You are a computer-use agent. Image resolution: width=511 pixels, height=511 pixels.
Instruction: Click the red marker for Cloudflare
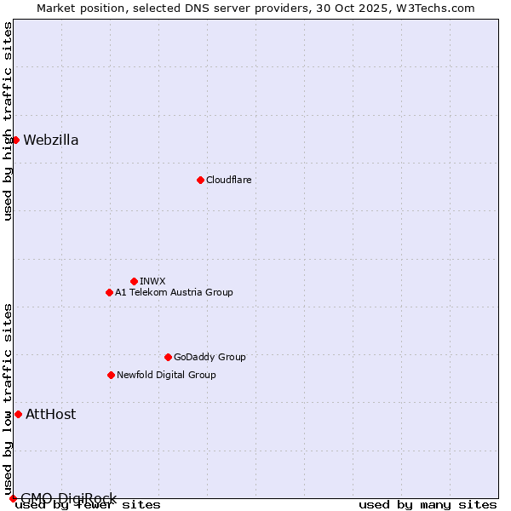[200, 180]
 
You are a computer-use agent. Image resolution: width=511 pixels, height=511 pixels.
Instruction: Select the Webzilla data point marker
[15, 140]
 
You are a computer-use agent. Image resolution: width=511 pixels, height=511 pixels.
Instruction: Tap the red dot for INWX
[134, 281]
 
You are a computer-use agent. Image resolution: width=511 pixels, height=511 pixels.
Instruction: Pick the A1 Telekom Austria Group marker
[109, 292]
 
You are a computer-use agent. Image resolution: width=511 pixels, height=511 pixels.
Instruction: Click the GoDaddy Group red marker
[168, 357]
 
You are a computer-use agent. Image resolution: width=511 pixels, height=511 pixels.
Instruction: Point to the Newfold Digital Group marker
[111, 375]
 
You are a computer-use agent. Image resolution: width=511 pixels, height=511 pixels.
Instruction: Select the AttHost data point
[18, 414]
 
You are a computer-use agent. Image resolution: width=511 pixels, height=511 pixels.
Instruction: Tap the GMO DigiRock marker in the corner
[13, 498]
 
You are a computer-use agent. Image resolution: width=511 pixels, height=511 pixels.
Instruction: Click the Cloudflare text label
[228, 180]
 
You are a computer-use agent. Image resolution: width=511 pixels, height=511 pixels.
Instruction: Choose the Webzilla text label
[51, 140]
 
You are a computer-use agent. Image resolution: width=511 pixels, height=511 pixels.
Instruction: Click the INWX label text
[152, 281]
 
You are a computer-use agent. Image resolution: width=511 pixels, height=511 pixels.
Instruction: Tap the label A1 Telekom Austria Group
[174, 292]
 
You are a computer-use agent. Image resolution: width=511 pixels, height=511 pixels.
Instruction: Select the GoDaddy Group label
[210, 357]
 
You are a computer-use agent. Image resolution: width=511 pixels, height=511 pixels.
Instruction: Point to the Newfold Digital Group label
[166, 375]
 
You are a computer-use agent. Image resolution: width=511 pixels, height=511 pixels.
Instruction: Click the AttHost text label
[51, 414]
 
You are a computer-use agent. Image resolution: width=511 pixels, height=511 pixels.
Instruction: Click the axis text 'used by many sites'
[428, 504]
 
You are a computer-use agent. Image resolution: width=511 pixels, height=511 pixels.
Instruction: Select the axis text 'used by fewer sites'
[88, 504]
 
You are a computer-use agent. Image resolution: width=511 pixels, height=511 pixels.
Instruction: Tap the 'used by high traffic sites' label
[8, 121]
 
